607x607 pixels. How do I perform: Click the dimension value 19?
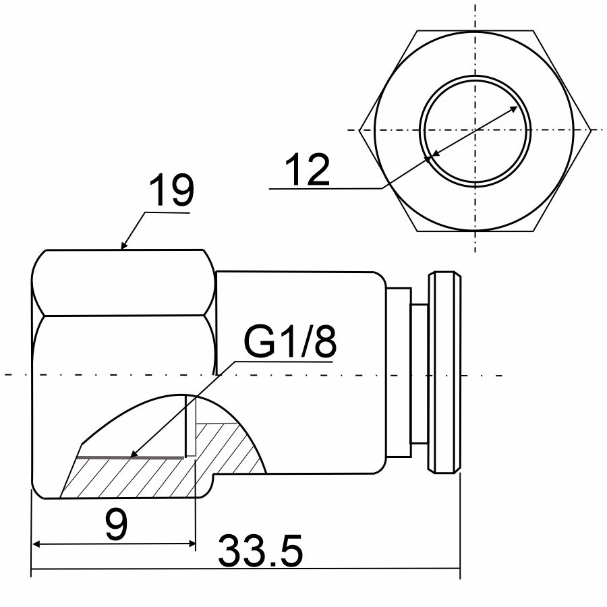[x=171, y=190]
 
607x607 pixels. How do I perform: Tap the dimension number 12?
[x=308, y=170]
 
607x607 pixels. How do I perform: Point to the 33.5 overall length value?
[x=260, y=550]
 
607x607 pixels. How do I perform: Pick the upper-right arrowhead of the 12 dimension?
[x=513, y=109]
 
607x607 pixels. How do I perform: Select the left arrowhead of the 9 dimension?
[x=36, y=544]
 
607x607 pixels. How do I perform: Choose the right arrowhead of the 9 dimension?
[x=192, y=544]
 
